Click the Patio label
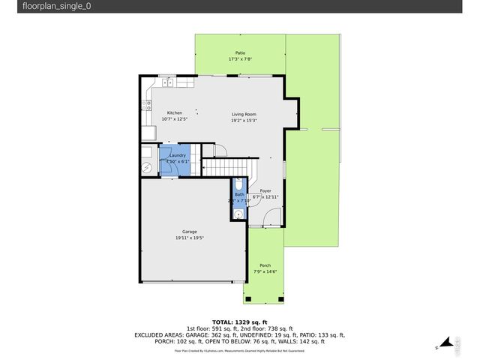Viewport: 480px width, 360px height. point(240,53)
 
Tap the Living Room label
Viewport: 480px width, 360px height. point(244,114)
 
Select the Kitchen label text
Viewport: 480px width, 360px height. point(174,113)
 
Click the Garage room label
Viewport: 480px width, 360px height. point(189,232)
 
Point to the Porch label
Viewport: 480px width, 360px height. point(265,265)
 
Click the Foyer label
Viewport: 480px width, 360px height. point(265,191)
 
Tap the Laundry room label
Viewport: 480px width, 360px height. point(177,155)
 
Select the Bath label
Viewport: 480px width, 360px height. point(238,195)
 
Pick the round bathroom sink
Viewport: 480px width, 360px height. point(238,214)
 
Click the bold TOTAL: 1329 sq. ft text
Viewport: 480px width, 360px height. point(239,321)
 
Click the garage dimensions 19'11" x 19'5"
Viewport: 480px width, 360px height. point(189,238)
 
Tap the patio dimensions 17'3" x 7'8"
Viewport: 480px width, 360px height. point(240,59)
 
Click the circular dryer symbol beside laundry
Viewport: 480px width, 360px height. point(146,167)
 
